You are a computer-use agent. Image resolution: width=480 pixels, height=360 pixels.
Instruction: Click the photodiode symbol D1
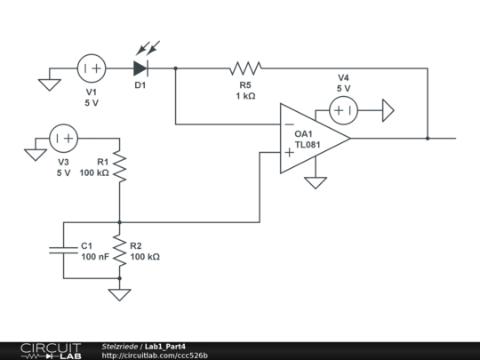[140, 67]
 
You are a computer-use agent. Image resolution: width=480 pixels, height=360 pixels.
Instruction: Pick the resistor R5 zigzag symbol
[245, 67]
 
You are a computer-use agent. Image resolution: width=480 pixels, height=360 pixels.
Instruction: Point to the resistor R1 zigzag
[119, 166]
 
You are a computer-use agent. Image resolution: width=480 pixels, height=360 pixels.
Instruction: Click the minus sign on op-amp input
[289, 124]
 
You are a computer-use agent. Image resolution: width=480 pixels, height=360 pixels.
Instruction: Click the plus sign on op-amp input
[289, 152]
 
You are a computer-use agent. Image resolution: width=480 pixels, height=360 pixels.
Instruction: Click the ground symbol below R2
[119, 294]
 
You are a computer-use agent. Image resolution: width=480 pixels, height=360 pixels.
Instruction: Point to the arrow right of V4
[388, 110]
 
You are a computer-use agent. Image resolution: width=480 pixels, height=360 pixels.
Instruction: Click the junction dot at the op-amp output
[428, 138]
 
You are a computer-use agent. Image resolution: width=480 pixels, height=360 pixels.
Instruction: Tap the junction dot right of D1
[175, 67]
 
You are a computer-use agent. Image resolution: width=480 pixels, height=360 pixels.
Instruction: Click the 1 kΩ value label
[245, 95]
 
